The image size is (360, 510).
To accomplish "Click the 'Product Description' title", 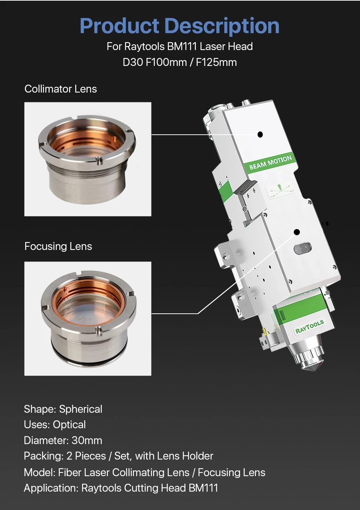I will (x=179, y=26).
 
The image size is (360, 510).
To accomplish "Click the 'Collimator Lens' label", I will (x=60, y=89).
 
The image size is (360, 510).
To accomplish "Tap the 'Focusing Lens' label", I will (x=58, y=246).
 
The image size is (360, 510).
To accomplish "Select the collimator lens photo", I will (x=87, y=159).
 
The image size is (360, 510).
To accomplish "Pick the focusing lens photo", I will (x=87, y=318).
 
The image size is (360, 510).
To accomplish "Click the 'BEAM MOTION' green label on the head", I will (x=270, y=162).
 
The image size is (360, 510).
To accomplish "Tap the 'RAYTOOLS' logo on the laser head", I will (x=309, y=326).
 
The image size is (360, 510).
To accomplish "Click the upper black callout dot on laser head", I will (x=260, y=134).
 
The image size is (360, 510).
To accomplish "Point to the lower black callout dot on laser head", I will (x=297, y=232).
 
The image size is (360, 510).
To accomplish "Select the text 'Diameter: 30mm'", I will (x=63, y=440).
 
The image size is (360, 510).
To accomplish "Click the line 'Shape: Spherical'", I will (x=63, y=409).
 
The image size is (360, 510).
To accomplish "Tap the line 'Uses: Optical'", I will (x=55, y=425).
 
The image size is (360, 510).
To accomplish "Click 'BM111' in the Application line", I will (x=203, y=488).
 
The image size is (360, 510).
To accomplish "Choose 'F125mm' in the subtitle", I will (x=216, y=62).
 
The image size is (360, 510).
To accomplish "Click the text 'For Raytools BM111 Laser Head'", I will (x=179, y=46).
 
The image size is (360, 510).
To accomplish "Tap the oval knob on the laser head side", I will (x=302, y=248).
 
